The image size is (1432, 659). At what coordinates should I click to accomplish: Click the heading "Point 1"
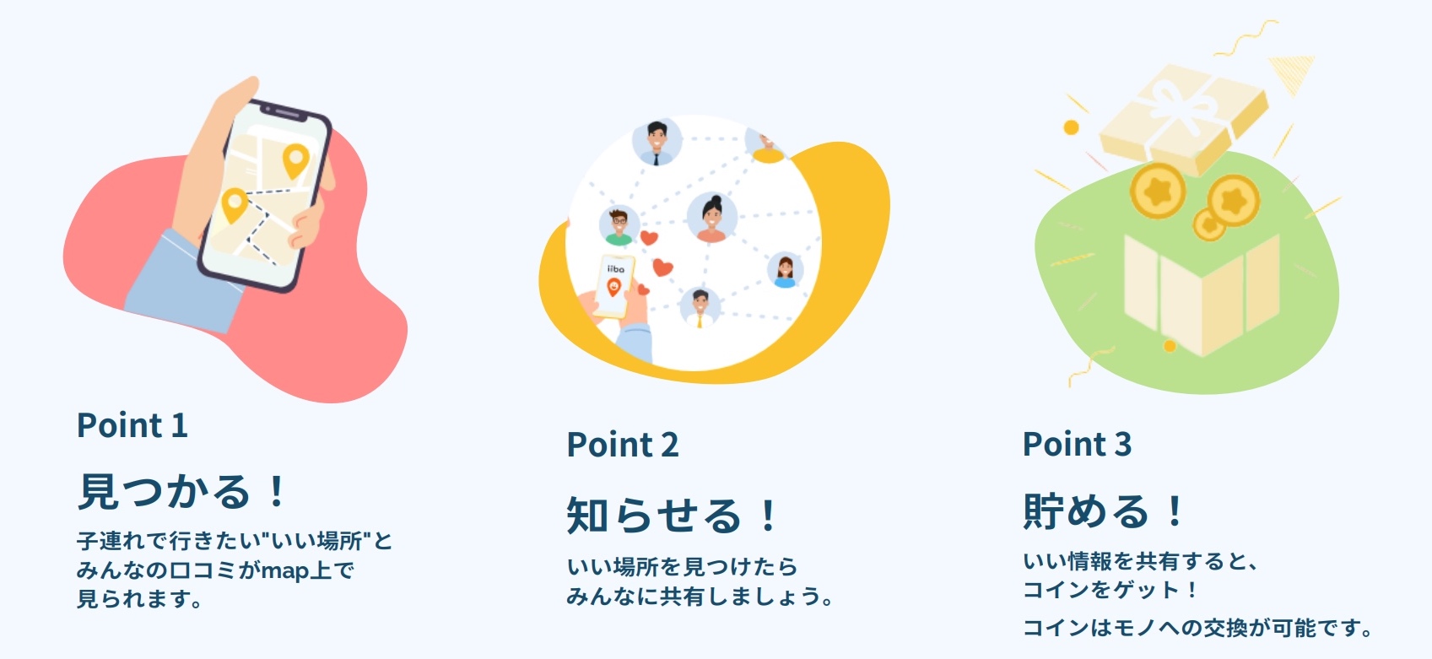tap(132, 425)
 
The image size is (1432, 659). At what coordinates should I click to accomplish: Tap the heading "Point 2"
tap(623, 444)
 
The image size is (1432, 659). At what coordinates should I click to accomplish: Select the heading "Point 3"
tap(1078, 444)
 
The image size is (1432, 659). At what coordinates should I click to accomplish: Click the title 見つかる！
tap(183, 492)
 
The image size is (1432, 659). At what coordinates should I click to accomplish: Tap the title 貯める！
tap(1104, 510)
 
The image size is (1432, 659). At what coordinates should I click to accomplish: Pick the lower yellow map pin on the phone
tap(235, 205)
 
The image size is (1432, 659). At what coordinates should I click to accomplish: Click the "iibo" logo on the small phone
tap(616, 269)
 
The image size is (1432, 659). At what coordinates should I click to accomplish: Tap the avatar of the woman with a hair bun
tap(711, 218)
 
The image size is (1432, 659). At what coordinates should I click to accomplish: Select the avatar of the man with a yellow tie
tap(700, 308)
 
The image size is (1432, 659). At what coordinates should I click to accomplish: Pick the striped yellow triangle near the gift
tap(1292, 73)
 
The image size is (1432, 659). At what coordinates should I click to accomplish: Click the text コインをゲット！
tap(1111, 589)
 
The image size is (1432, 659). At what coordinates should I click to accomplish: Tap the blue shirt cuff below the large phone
tap(182, 281)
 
